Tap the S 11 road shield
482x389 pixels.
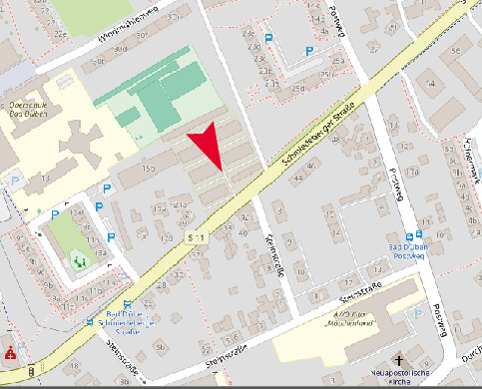tap(196, 237)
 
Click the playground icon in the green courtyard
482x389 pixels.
tap(79, 262)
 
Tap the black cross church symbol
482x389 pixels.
tap(399, 360)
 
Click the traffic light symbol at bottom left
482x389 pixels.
tap(32, 373)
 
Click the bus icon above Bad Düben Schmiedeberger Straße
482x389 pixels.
tap(127, 305)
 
